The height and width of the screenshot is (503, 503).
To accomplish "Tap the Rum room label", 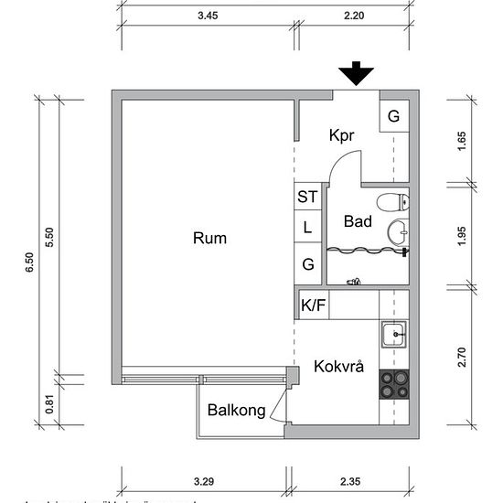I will (209, 239).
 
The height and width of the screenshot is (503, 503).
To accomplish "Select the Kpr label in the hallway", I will (342, 135).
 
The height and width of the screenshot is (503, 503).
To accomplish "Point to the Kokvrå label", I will (338, 367).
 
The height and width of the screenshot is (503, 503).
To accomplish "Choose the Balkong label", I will (236, 411).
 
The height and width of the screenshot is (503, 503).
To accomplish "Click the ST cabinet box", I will (307, 197).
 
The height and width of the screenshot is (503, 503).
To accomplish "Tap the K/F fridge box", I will (313, 305).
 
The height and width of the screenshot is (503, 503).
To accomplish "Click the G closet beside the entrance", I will (393, 116).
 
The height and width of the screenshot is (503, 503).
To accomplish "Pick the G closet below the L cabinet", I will (307, 264).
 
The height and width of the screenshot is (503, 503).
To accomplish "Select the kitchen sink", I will (395, 335).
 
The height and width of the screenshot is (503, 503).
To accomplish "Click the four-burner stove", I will (394, 384).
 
